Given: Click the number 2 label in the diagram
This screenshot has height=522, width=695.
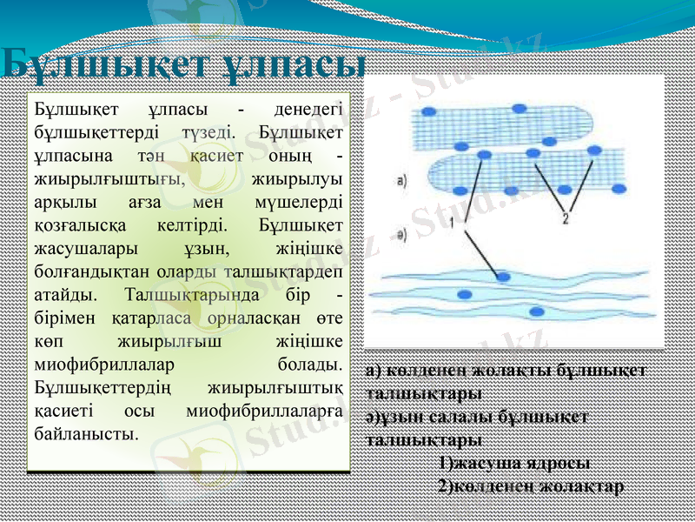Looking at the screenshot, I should [566, 218].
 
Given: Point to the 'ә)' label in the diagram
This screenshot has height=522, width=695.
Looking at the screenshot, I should [401, 235].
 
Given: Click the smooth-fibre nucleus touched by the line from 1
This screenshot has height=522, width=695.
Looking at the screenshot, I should [504, 278].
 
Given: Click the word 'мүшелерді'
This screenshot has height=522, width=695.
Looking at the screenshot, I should [302, 201].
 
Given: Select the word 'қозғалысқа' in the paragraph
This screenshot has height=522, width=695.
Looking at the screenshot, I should [76, 224].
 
